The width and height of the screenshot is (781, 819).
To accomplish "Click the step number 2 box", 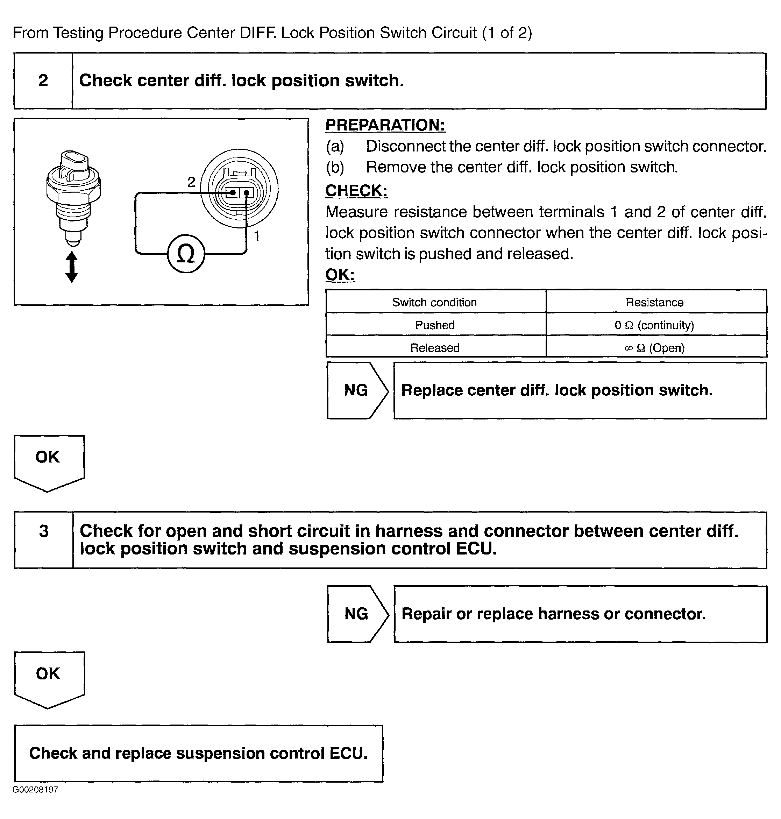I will click(x=43, y=81).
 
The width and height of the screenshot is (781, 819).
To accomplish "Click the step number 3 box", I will click(x=44, y=540).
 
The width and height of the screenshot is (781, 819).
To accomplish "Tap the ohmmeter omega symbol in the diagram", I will click(x=186, y=254).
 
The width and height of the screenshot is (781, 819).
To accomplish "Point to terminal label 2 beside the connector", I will click(x=191, y=182).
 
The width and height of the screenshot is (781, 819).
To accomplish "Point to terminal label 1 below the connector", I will click(x=257, y=236).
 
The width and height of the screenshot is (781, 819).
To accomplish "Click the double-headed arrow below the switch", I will click(x=72, y=267).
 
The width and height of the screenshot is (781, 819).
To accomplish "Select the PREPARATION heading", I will click(x=385, y=125).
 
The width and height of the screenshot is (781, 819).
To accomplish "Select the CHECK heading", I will click(x=356, y=191).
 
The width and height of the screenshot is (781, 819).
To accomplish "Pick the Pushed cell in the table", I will click(x=435, y=325).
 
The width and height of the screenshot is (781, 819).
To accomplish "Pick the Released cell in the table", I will click(x=435, y=348).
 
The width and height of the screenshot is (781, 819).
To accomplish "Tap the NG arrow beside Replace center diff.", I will click(x=357, y=390).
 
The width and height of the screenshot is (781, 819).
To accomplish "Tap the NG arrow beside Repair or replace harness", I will click(x=357, y=614).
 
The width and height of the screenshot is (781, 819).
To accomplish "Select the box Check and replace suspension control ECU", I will click(x=199, y=754).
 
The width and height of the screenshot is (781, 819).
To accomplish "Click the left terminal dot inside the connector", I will click(x=233, y=193).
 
